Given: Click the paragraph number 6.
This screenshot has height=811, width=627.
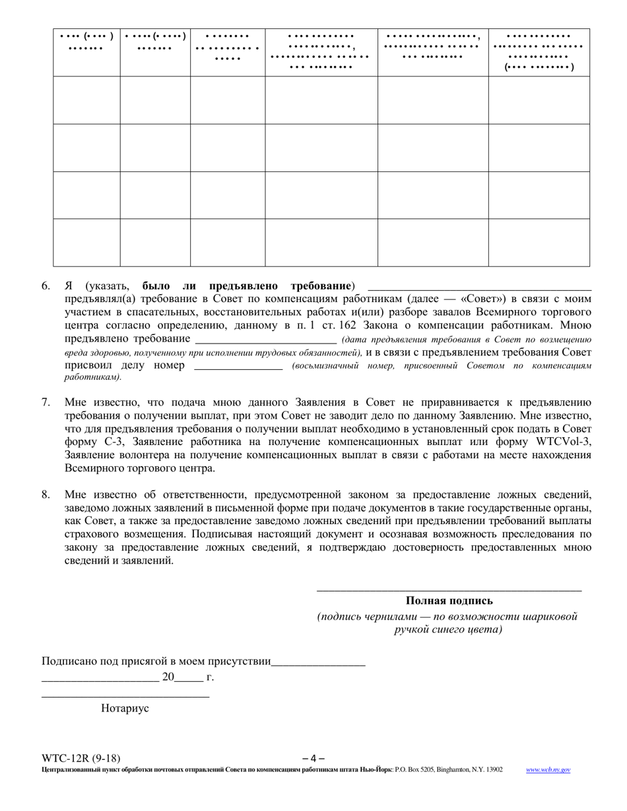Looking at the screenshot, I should pyautogui.click(x=46, y=286).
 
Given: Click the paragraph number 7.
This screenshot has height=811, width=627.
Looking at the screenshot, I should pyautogui.click(x=46, y=402).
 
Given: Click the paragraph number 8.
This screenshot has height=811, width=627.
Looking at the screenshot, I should pyautogui.click(x=46, y=495).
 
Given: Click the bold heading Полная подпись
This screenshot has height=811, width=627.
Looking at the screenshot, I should pyautogui.click(x=449, y=601).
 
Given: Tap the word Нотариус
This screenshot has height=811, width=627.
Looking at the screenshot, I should pyautogui.click(x=125, y=708).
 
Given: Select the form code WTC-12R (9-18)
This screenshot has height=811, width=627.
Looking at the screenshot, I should pyautogui.click(x=81, y=758).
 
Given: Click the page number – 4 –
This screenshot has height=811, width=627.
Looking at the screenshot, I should pyautogui.click(x=313, y=758).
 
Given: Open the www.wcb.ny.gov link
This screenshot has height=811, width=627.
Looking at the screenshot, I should pyautogui.click(x=548, y=769).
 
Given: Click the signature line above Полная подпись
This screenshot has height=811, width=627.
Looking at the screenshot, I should pyautogui.click(x=449, y=589).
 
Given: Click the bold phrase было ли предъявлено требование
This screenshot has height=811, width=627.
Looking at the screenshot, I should pyautogui.click(x=246, y=286).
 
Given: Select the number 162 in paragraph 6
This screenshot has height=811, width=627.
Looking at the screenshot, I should pyautogui.click(x=347, y=325).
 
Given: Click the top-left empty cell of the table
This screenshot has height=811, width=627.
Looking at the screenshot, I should pyautogui.click(x=86, y=100).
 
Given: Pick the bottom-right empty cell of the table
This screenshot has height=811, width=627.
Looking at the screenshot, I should pyautogui.click(x=539, y=242).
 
